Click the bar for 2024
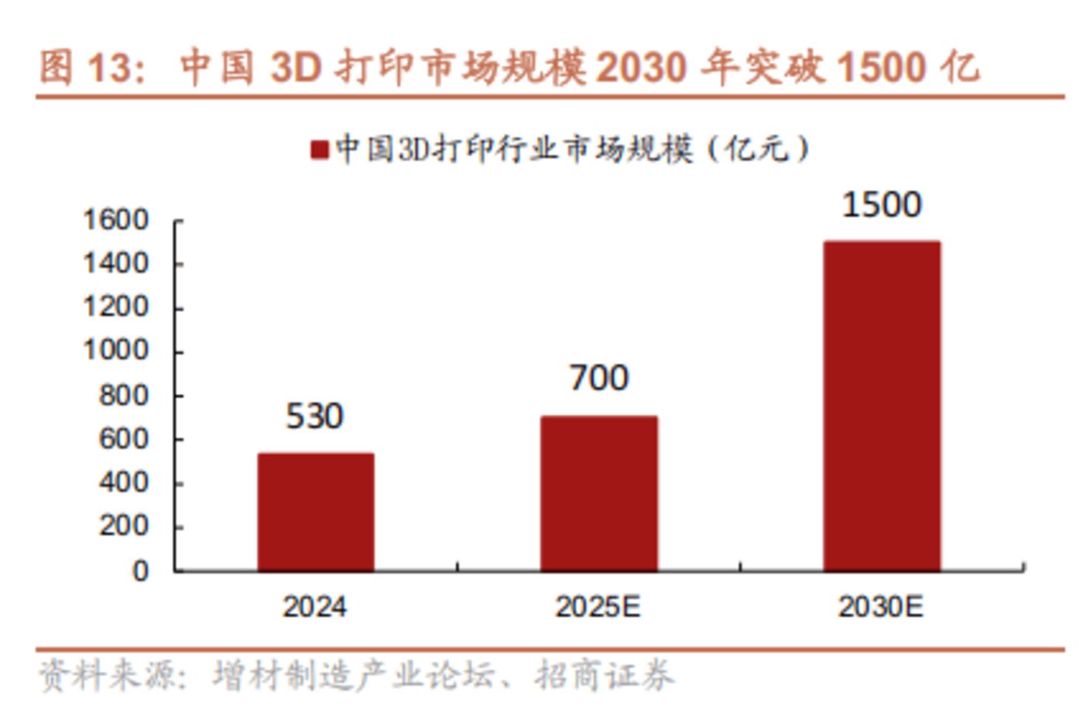point(315,512)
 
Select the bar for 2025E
point(598,493)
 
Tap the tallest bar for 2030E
point(882,406)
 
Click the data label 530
point(314,416)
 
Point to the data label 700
point(598,379)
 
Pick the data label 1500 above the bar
point(881,205)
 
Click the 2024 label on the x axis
point(314,606)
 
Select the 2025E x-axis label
point(598,606)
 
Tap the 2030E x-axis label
point(880,606)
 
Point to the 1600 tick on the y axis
point(115,221)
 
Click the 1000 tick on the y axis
point(115,351)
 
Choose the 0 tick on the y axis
point(140,571)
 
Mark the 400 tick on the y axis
point(123,483)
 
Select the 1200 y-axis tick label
point(115,308)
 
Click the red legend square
point(319,149)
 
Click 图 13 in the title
point(86,67)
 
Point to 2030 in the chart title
point(641,67)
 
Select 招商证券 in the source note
point(604,676)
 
